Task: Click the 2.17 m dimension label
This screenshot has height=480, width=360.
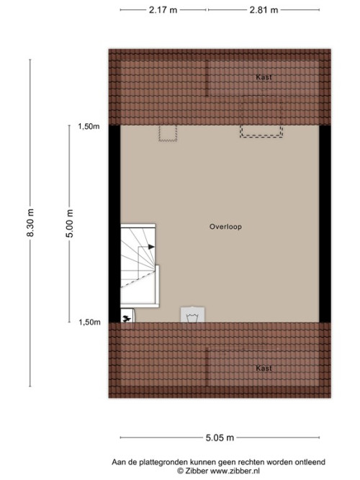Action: coord(163,10)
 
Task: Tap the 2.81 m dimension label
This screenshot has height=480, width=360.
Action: coord(264,10)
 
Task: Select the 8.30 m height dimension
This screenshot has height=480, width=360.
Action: coord(30,222)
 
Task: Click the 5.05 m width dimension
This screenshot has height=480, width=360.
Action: coord(220,438)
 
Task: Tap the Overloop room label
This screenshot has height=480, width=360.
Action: coord(225,227)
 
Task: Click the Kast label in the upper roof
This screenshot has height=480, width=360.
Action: coord(264,77)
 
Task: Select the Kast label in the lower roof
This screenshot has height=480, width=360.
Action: coord(264,368)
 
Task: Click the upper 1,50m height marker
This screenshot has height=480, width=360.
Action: coord(89,127)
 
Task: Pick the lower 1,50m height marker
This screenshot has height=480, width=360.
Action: coord(89,322)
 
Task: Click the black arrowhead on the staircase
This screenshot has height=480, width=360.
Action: coord(151,247)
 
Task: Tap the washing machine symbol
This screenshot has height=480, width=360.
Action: coord(193,314)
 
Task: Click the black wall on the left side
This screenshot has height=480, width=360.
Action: coord(114,224)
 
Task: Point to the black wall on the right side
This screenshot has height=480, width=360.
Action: coord(325,224)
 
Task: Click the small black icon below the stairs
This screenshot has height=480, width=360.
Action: coord(127,319)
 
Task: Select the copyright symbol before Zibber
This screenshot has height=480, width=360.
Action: coord(181,471)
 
